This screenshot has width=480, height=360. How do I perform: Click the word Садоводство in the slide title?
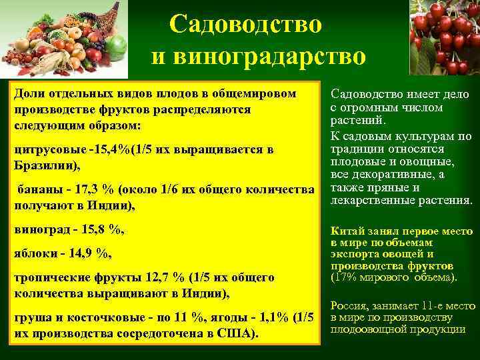tap(245, 25)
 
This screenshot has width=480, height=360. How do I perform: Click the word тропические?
tap(49, 278)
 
